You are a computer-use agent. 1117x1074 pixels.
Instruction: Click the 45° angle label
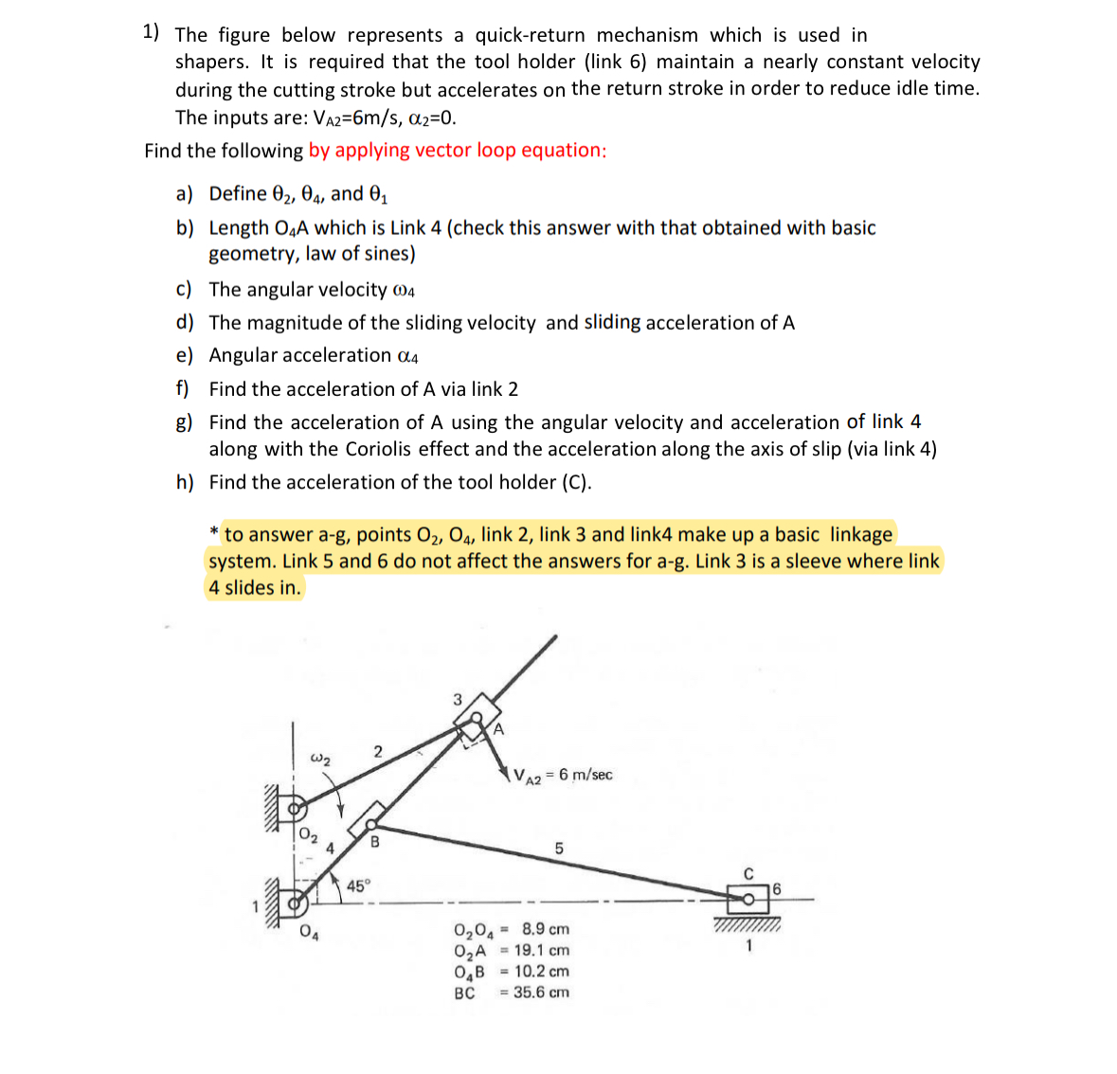pos(359,886)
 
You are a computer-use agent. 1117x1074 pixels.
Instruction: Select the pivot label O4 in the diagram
pos(309,932)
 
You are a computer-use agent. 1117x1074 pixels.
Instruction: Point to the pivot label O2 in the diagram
pos(308,834)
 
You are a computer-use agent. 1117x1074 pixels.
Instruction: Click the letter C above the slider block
pos(748,873)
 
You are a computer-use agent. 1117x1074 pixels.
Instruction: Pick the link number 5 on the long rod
pos(558,848)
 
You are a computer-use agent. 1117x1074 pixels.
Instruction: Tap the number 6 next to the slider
pos(776,888)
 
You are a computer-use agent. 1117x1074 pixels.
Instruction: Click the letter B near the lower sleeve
pos(374,841)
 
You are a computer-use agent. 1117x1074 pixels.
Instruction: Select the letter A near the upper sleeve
pos(498,729)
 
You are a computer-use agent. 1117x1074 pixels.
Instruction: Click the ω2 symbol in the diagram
pos(321,759)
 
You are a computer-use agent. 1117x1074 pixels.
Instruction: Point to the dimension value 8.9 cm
pos(546,929)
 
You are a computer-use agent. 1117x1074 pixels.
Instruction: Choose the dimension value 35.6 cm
pos(541,993)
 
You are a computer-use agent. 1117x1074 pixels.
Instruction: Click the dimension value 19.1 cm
pos(542,950)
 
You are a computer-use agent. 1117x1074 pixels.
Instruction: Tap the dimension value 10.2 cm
pos(542,971)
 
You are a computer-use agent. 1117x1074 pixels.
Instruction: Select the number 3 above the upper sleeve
pos(457,700)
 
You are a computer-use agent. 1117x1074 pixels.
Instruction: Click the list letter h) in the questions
pos(185,482)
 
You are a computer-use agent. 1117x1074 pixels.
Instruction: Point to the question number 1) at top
pos(152,32)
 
